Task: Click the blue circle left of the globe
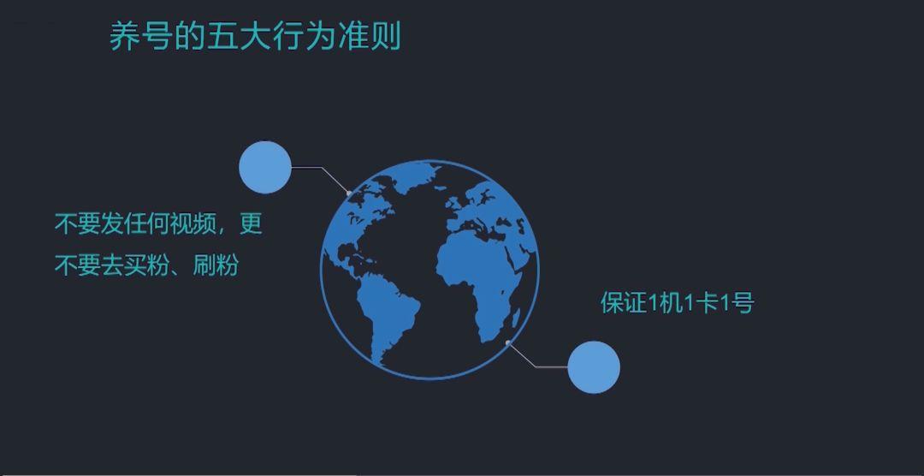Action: pos(265,167)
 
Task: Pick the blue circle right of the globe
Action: pos(594,367)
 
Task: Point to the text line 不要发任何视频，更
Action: pos(158,224)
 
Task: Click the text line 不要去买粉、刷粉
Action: pos(146,265)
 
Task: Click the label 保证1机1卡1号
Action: pos(677,303)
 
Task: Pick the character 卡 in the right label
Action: pos(707,303)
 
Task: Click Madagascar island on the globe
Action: pos(516,320)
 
